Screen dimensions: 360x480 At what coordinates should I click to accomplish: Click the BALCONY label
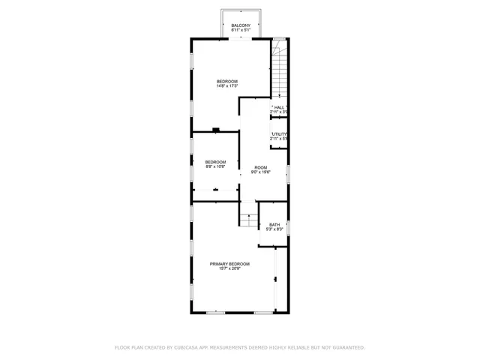point(241,25)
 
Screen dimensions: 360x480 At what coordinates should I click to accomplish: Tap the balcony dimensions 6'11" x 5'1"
point(241,30)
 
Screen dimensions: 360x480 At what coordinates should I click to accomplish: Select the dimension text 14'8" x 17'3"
point(227,86)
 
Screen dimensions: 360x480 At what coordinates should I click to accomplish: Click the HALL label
point(279,107)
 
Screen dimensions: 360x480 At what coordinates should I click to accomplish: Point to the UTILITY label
point(280,134)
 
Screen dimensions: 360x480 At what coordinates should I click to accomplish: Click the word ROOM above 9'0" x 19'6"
point(260,167)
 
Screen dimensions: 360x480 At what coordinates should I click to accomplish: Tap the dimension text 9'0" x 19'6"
point(260,172)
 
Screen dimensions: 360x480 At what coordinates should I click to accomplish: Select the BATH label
point(274,224)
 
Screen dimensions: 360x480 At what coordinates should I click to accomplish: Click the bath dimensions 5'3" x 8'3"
point(274,229)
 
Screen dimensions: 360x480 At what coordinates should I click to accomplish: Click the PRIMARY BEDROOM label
point(229,264)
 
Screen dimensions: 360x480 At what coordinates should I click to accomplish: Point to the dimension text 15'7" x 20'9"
point(229,269)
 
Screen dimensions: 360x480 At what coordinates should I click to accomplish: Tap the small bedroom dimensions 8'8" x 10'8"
point(215,167)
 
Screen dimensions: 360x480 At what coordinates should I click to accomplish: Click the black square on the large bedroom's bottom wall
point(216,130)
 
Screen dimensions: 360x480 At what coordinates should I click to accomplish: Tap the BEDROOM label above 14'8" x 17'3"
point(227,81)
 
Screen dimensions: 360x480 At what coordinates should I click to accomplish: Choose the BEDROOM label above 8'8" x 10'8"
point(215,162)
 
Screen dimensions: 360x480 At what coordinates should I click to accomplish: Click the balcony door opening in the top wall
point(241,38)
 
